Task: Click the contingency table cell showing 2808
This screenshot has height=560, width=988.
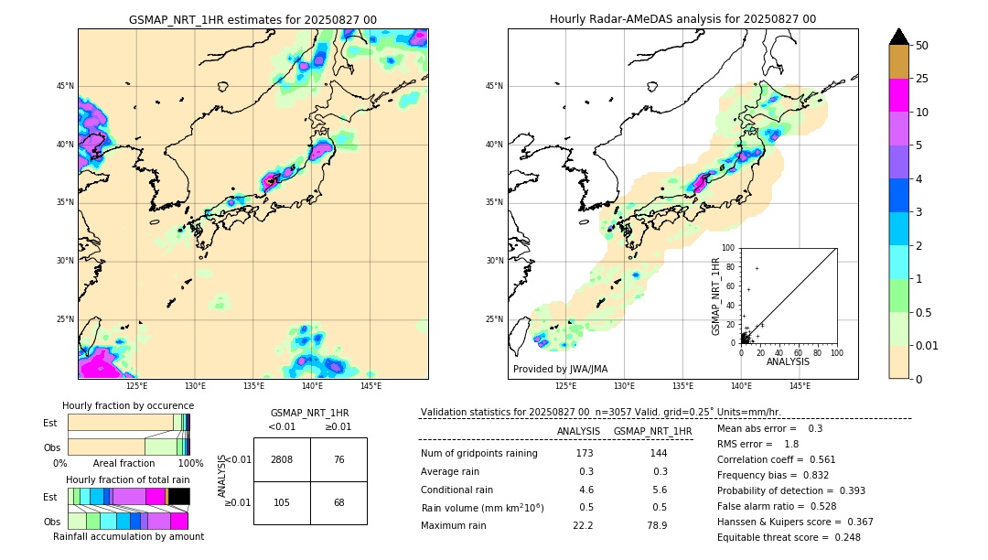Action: click(x=282, y=459)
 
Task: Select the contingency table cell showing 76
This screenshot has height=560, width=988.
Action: click(x=338, y=459)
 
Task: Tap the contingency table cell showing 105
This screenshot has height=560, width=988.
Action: click(x=282, y=502)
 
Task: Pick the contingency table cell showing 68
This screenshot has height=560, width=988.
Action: click(x=338, y=502)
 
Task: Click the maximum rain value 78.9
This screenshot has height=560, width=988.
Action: click(x=657, y=525)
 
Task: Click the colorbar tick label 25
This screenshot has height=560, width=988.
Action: click(x=922, y=79)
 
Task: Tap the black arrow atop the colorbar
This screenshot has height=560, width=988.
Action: click(x=899, y=37)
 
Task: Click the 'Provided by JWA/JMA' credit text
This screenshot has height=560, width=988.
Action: click(x=560, y=370)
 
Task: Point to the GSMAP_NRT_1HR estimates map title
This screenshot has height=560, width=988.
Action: click(x=252, y=19)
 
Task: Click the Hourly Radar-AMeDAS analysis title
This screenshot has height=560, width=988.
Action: click(x=682, y=19)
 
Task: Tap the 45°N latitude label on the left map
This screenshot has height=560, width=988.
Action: click(x=65, y=86)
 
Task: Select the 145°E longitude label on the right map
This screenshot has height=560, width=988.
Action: click(x=800, y=386)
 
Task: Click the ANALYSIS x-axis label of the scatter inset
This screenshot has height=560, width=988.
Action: click(x=788, y=361)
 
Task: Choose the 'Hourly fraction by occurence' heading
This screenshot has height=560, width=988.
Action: click(x=128, y=405)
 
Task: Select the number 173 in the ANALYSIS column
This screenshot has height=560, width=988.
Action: click(x=585, y=454)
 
